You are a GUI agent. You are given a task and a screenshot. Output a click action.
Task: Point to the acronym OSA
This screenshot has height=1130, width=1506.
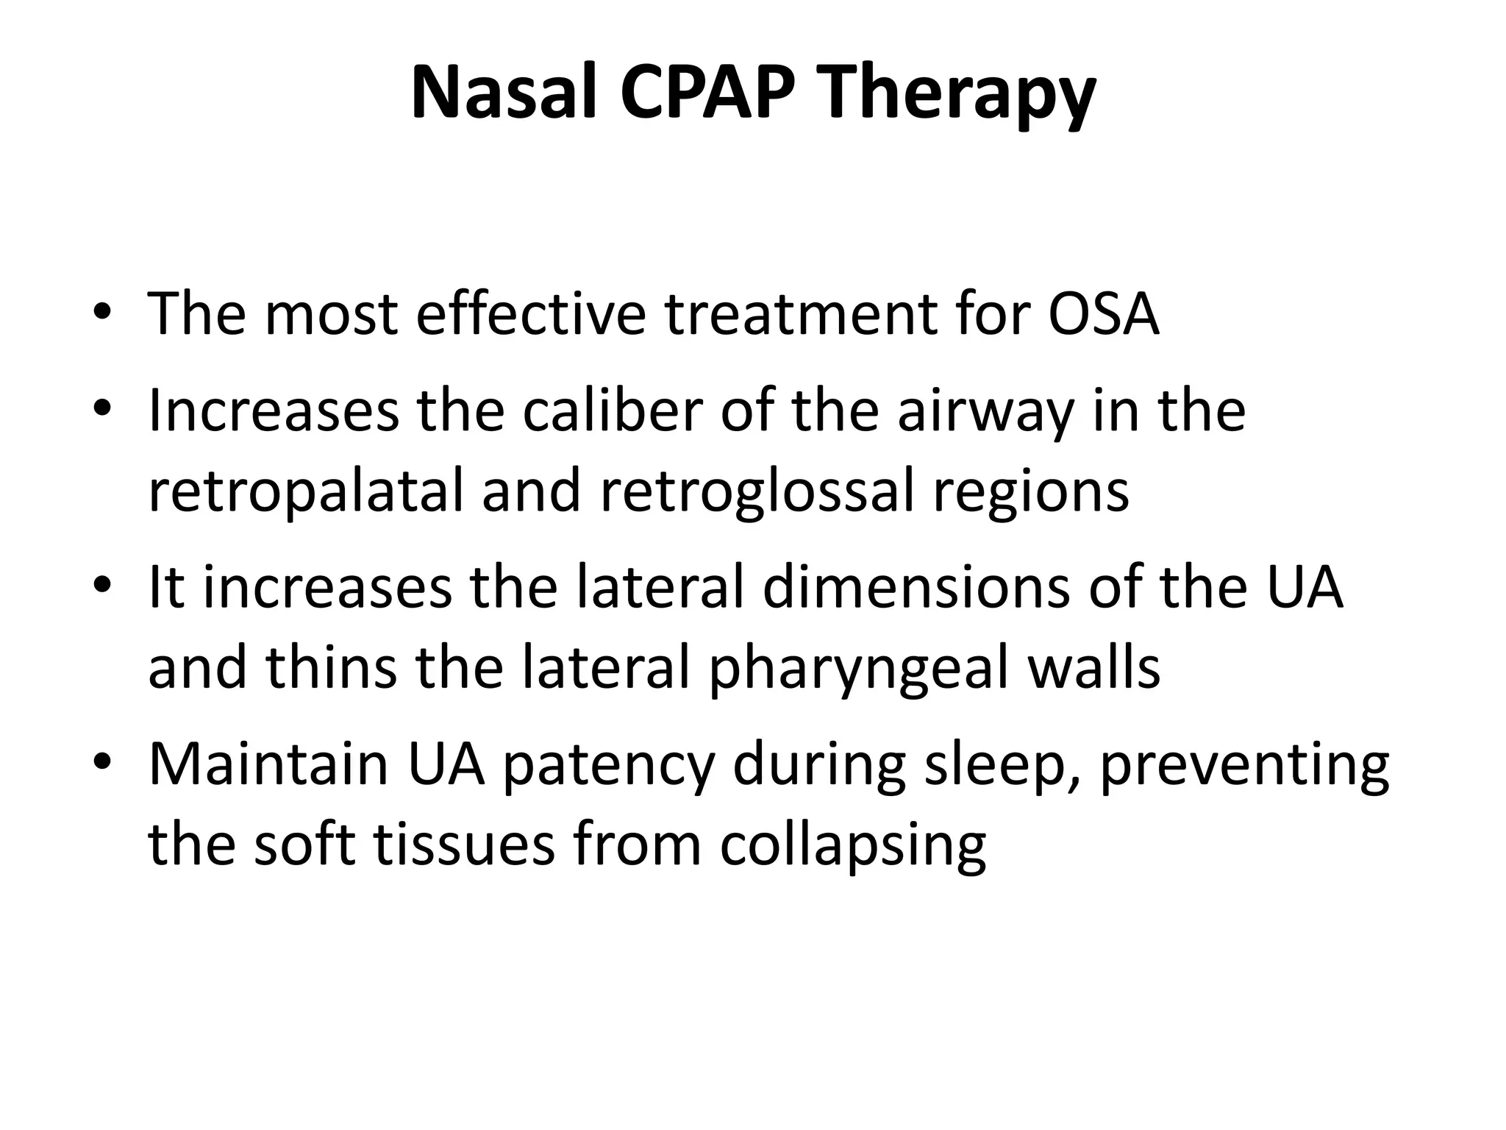point(1103,314)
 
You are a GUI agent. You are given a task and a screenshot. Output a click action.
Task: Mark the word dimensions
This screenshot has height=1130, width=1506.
point(916,588)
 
